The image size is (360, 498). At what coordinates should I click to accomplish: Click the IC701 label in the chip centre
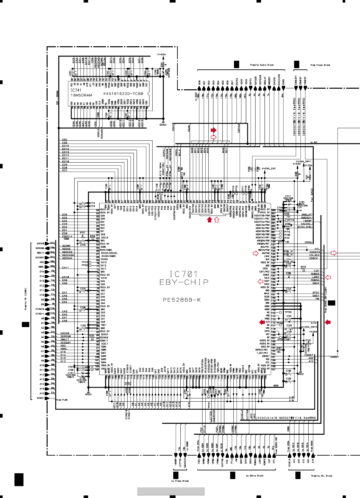184,274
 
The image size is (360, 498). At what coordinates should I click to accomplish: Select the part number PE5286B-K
182,300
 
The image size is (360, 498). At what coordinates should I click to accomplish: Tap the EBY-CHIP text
184,282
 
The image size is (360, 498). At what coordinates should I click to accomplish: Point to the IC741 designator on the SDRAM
76,90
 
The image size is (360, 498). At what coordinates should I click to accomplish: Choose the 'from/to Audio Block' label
262,65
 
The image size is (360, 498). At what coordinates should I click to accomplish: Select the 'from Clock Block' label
320,65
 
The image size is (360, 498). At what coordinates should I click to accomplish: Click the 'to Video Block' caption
180,481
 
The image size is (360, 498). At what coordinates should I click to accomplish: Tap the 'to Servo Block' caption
255,476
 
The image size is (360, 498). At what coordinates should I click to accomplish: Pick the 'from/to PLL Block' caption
321,476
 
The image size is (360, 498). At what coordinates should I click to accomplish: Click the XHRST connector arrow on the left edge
47,398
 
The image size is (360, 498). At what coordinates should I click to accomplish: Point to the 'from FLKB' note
62,400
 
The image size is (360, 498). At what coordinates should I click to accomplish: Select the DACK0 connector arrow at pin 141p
47,244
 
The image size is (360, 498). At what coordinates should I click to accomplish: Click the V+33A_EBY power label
269,168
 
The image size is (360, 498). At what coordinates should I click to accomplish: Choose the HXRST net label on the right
335,357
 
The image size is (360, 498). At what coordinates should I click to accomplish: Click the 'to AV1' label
314,142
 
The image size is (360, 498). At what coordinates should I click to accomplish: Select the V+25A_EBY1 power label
304,161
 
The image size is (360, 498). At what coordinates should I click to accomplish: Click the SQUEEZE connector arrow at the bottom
185,456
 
